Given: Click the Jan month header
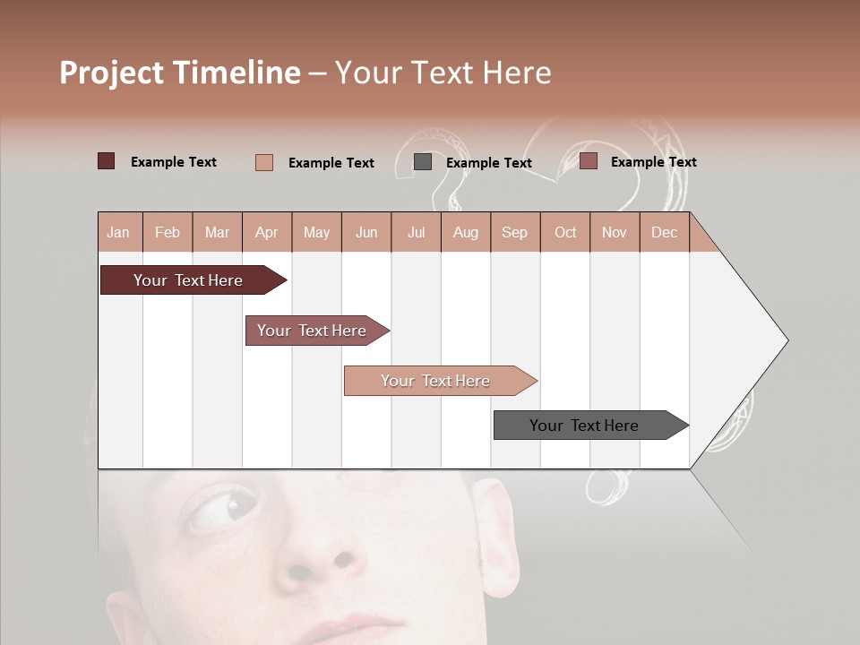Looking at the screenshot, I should (118, 232).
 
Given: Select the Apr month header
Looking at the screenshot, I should (266, 232).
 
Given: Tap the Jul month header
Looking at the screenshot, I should (416, 232).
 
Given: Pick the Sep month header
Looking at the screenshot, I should (514, 232).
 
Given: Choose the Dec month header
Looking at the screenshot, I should (664, 232).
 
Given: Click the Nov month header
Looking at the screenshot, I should (614, 232).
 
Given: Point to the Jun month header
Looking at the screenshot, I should (365, 232).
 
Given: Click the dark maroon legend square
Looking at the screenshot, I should (106, 161).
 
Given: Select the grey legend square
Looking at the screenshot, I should (423, 162).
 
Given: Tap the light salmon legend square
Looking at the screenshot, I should (264, 162).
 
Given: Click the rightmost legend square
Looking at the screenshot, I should (588, 161).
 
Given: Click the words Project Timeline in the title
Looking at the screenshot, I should (179, 73).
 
